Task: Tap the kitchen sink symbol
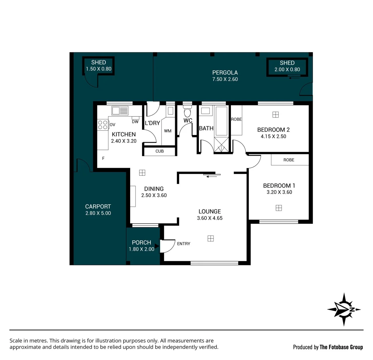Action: pos(120,110)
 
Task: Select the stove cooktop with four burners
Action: pos(103,125)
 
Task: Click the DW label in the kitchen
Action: pos(135,122)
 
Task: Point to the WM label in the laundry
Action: pos(167,131)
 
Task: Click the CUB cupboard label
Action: pos(159,151)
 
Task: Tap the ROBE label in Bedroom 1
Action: pos(289,160)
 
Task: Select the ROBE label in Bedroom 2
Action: pos(236,119)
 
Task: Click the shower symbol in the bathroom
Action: pos(221,145)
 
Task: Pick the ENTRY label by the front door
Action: pos(183,244)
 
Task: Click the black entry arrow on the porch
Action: pos(157,246)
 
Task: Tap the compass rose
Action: pos(344,309)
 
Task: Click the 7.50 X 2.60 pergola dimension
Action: pos(225,79)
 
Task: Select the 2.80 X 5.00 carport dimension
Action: pos(98,213)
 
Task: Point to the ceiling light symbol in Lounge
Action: pos(211,238)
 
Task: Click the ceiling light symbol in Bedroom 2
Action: pos(275,115)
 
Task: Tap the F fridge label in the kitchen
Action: pos(103,158)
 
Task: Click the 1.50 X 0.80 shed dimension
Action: pos(98,69)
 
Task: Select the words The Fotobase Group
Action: pos(341,347)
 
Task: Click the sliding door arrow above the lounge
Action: pos(212,176)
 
